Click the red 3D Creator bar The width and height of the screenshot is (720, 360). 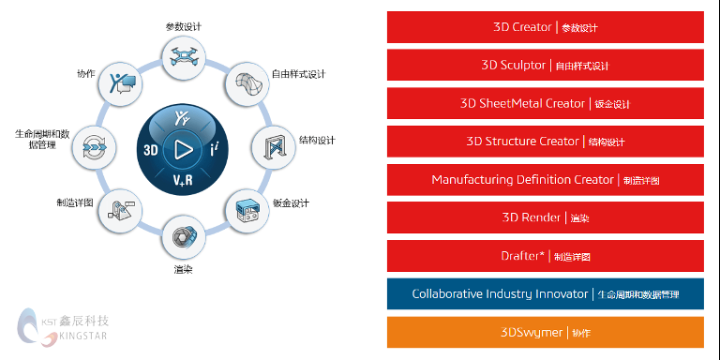tap(545, 27)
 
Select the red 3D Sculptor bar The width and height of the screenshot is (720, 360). tap(545, 66)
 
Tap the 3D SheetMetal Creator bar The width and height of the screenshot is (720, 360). tap(545, 103)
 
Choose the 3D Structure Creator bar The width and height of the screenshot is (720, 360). tap(545, 142)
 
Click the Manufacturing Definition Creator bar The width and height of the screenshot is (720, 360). tap(545, 179)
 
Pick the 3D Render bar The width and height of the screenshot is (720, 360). tap(545, 217)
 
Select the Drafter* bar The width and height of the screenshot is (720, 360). tap(545, 256)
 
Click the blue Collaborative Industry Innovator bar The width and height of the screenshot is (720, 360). tap(545, 293)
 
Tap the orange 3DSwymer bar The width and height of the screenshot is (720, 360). tap(545, 332)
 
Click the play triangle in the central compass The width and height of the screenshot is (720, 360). tap(182, 149)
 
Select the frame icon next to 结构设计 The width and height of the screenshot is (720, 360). tap(273, 147)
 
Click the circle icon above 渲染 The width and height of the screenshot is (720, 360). tap(183, 238)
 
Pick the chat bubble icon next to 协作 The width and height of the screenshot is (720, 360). tap(121, 84)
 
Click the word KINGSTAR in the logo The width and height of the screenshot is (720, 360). tap(85, 335)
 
